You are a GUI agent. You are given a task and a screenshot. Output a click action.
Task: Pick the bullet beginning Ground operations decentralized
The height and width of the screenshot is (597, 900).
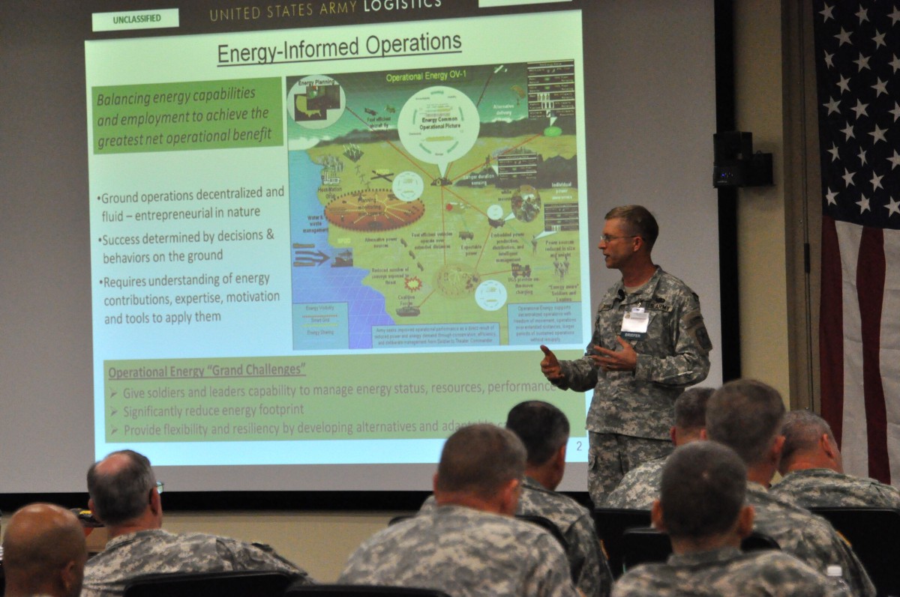pos(191,201)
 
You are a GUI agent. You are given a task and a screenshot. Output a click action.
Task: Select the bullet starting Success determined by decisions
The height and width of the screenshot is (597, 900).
pos(187,245)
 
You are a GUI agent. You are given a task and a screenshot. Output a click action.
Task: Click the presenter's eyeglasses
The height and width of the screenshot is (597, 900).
pos(617,237)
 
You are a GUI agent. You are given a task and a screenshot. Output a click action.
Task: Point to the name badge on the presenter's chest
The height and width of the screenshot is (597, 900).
pos(634,321)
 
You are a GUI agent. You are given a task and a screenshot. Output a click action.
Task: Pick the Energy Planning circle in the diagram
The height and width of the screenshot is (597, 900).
pos(316,100)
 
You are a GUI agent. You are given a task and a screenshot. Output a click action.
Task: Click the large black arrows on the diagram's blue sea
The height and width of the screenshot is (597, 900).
pos(312,257)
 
